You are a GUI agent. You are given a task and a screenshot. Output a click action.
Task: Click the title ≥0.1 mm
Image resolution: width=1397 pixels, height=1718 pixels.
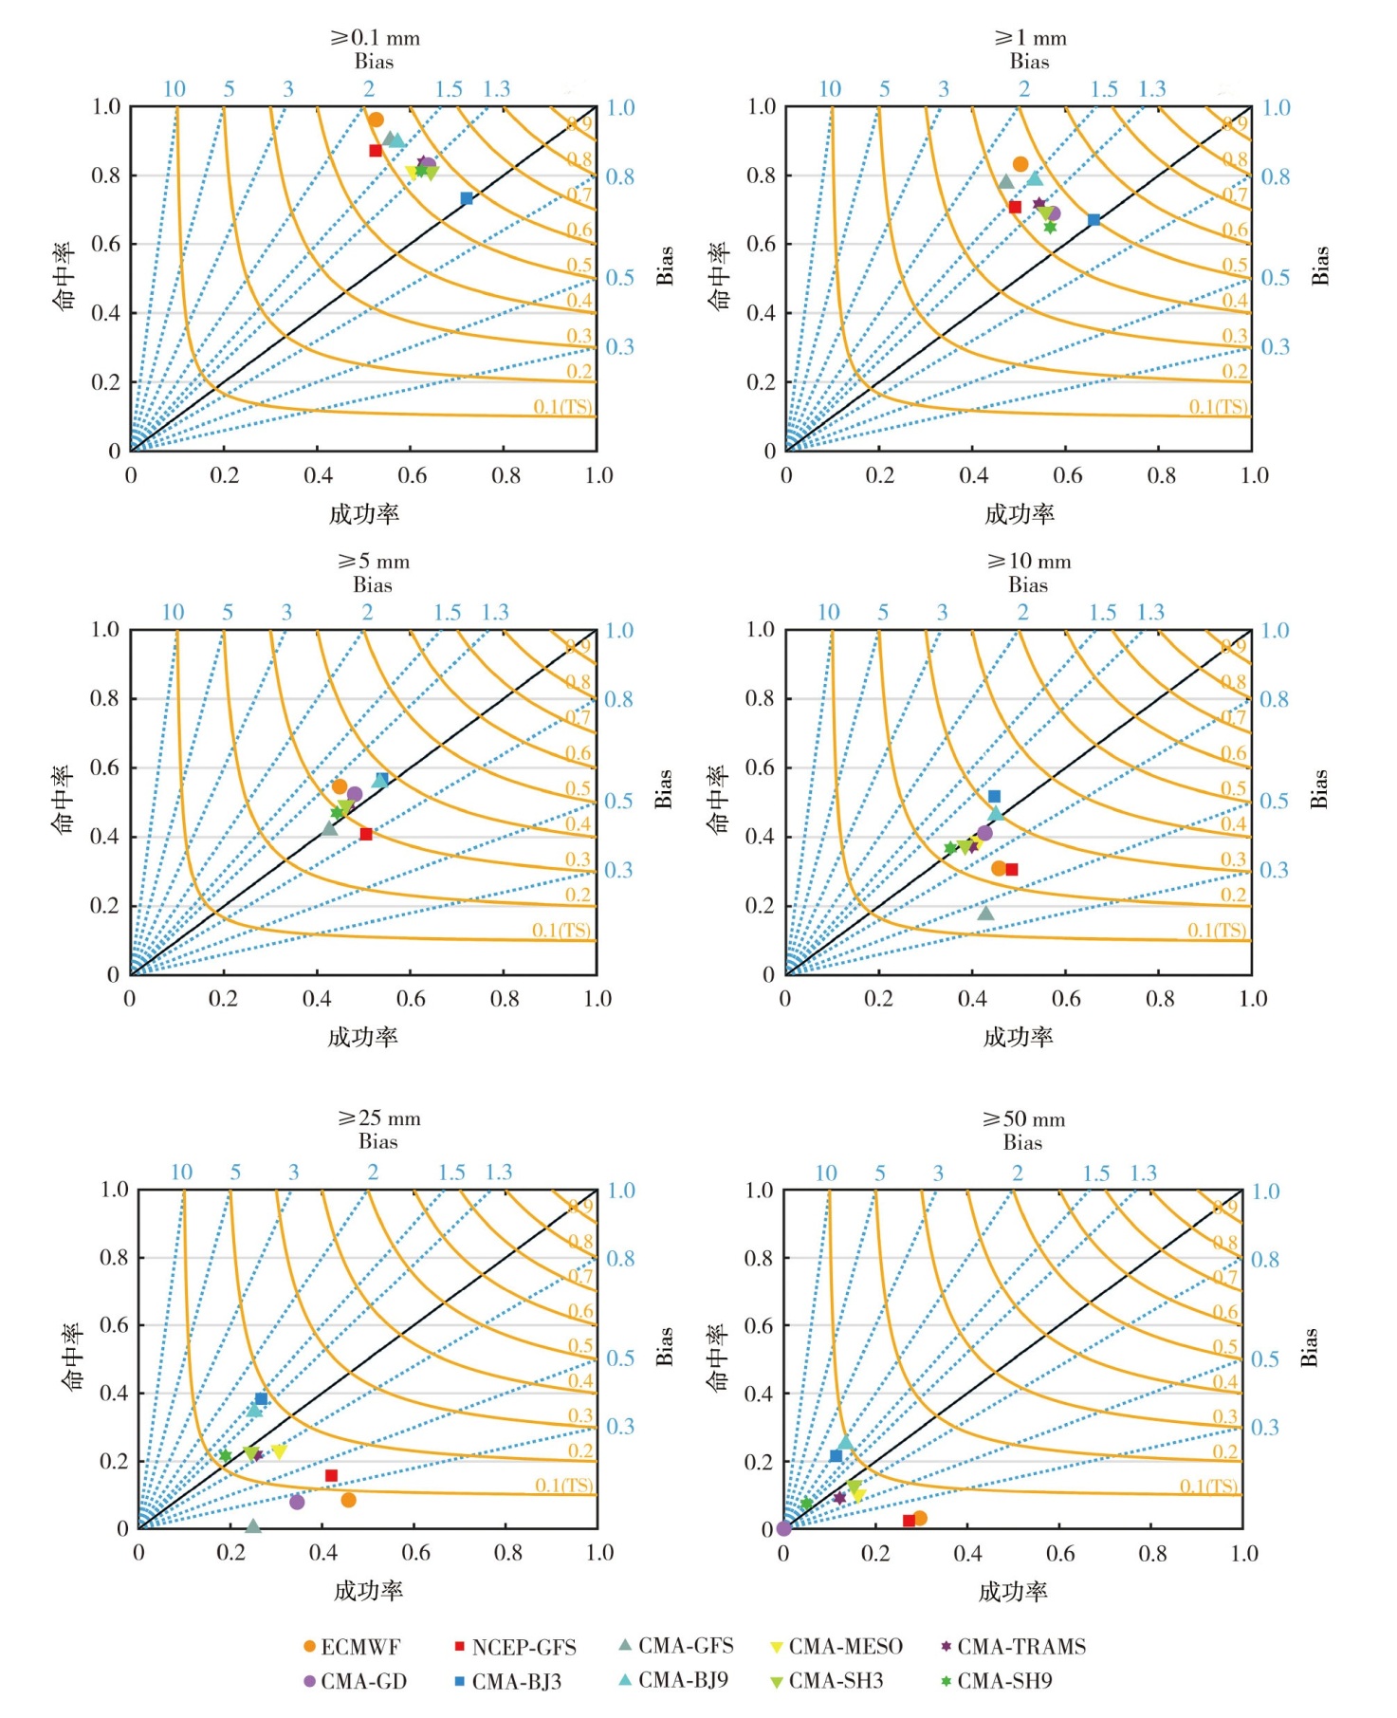click(375, 38)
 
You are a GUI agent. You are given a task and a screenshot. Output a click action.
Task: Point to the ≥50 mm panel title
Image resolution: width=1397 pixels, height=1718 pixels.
click(1023, 1119)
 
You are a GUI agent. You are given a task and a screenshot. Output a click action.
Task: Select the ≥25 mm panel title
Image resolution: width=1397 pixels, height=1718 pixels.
click(378, 1118)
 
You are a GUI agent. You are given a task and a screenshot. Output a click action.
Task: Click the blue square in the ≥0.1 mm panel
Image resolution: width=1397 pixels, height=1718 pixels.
click(467, 198)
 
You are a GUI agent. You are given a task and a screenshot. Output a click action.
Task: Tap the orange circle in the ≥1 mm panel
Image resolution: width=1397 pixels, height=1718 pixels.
click(1020, 164)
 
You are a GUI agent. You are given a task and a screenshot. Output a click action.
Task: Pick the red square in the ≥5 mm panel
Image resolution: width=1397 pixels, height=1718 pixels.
click(366, 834)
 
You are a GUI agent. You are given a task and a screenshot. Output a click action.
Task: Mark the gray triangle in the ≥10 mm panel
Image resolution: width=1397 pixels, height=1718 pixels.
click(985, 914)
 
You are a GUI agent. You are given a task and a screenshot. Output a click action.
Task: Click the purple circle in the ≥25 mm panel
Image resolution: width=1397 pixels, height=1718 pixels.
click(297, 1502)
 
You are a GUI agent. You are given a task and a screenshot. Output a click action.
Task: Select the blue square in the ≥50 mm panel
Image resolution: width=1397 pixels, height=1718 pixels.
click(836, 1455)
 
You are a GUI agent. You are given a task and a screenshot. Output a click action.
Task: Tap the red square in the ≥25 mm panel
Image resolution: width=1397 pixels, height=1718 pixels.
click(331, 1475)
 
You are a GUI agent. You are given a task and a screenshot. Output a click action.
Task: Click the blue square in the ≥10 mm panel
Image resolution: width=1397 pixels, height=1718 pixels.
click(994, 797)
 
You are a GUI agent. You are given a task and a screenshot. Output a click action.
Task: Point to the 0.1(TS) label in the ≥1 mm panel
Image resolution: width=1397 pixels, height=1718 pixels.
click(1219, 407)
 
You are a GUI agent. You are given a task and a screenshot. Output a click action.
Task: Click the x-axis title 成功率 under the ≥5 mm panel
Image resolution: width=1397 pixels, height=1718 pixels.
click(362, 1037)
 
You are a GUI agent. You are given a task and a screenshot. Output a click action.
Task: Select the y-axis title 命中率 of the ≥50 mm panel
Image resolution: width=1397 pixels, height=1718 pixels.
click(718, 1358)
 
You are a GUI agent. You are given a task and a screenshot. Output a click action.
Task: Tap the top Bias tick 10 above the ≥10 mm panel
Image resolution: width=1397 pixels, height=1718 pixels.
click(829, 613)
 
